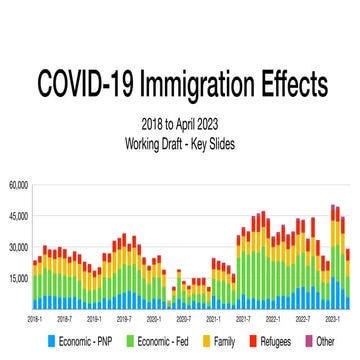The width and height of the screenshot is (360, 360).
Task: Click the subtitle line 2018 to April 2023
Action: (x=180, y=125)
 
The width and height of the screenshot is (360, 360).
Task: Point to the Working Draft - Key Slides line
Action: (x=180, y=141)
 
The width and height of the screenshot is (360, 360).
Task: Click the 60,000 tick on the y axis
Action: (x=18, y=185)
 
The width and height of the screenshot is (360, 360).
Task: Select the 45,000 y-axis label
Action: (x=18, y=216)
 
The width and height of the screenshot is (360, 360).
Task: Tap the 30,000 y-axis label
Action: (x=18, y=247)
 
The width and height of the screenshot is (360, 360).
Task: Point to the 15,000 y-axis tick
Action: (x=18, y=278)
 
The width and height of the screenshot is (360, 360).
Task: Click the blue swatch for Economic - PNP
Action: (x=38, y=342)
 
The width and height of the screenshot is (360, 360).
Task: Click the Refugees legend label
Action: (x=274, y=342)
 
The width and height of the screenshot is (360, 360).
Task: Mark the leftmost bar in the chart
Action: (x=34, y=285)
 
